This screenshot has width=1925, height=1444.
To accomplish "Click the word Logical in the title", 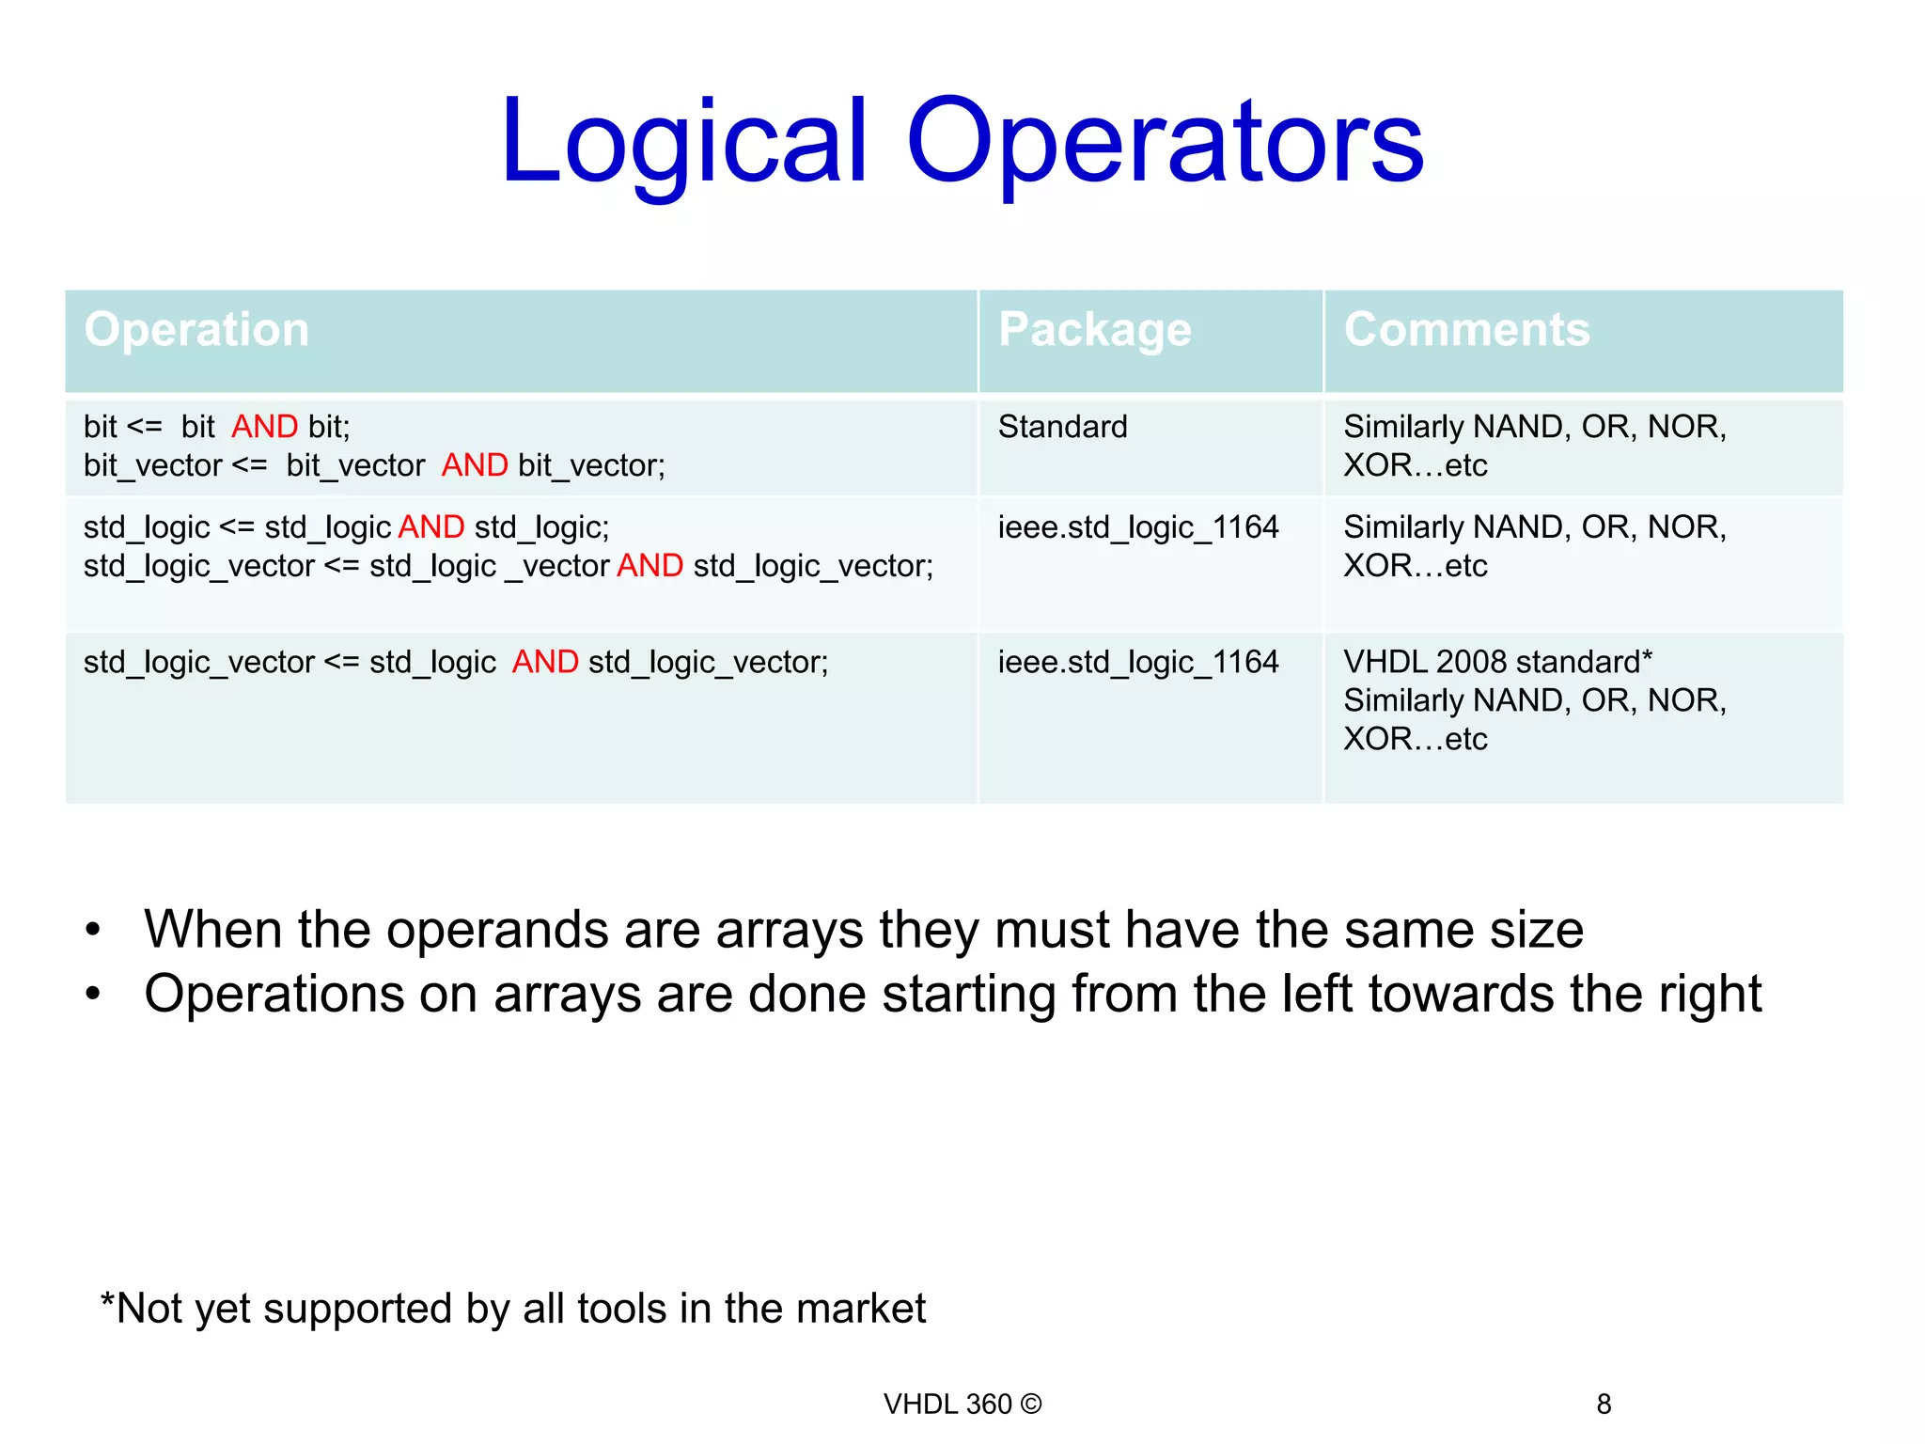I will [x=683, y=143].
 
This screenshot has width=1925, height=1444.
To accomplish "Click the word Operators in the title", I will [x=1165, y=143].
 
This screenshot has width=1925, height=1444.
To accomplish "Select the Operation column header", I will [x=196, y=330].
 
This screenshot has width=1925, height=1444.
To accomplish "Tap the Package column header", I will [x=1095, y=330].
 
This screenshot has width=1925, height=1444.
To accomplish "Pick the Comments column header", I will [x=1466, y=330].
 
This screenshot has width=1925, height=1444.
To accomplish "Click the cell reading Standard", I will [x=1062, y=427].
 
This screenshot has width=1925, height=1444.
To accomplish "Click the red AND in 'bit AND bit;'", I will [x=265, y=427].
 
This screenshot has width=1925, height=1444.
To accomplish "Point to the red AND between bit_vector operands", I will [x=475, y=465].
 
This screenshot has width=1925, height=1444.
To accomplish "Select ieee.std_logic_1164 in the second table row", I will [x=1137, y=527].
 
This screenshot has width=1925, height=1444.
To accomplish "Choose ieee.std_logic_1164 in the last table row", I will [x=1137, y=662].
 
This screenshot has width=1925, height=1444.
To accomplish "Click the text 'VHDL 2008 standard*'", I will [x=1497, y=662].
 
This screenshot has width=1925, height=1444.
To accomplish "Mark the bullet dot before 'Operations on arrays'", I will [x=92, y=995].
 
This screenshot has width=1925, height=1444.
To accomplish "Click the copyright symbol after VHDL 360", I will [x=1031, y=1404].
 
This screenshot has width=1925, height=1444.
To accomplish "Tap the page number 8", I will [x=1604, y=1405].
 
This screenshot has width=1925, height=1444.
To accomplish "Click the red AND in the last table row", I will [x=545, y=662].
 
